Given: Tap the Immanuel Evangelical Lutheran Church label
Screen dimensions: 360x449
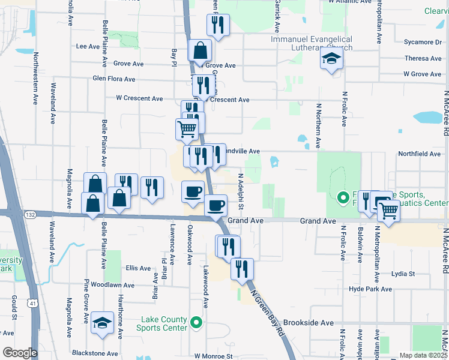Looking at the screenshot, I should click(x=312, y=43).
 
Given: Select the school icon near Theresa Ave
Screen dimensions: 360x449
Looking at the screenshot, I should click(x=331, y=59).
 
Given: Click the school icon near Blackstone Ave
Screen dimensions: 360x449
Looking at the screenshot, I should click(x=103, y=322).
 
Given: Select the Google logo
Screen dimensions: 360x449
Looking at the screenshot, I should click(x=20, y=352).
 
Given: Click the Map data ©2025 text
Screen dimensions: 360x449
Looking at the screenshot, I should click(x=423, y=355).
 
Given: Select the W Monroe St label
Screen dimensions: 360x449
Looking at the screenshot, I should click(x=212, y=356).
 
